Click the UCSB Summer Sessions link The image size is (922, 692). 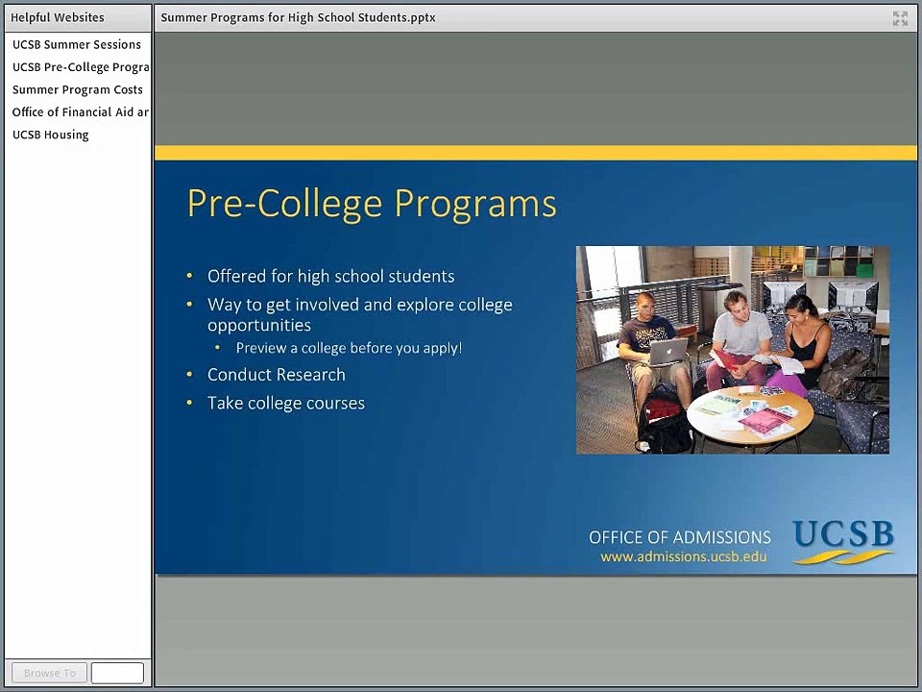click(77, 45)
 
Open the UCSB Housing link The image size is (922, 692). click(51, 135)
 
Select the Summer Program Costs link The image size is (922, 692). click(78, 90)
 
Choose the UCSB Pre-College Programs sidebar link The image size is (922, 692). click(81, 67)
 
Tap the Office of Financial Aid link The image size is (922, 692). click(81, 112)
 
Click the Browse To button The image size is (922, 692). click(49, 673)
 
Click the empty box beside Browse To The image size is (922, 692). click(117, 673)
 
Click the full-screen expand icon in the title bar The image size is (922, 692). click(900, 18)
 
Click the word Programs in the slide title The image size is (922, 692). click(475, 204)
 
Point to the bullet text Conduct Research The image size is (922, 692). click(277, 375)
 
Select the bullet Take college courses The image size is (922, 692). click(286, 403)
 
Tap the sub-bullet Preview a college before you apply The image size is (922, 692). click(349, 348)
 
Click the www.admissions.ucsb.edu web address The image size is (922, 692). click(683, 556)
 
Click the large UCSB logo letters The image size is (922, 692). click(842, 533)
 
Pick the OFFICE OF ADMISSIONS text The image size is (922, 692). click(680, 537)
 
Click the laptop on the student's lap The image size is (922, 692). click(668, 352)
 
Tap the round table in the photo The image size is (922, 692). click(750, 415)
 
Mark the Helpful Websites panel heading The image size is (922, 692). click(57, 17)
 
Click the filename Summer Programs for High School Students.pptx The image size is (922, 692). click(298, 17)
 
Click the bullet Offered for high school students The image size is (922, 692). click(331, 277)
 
